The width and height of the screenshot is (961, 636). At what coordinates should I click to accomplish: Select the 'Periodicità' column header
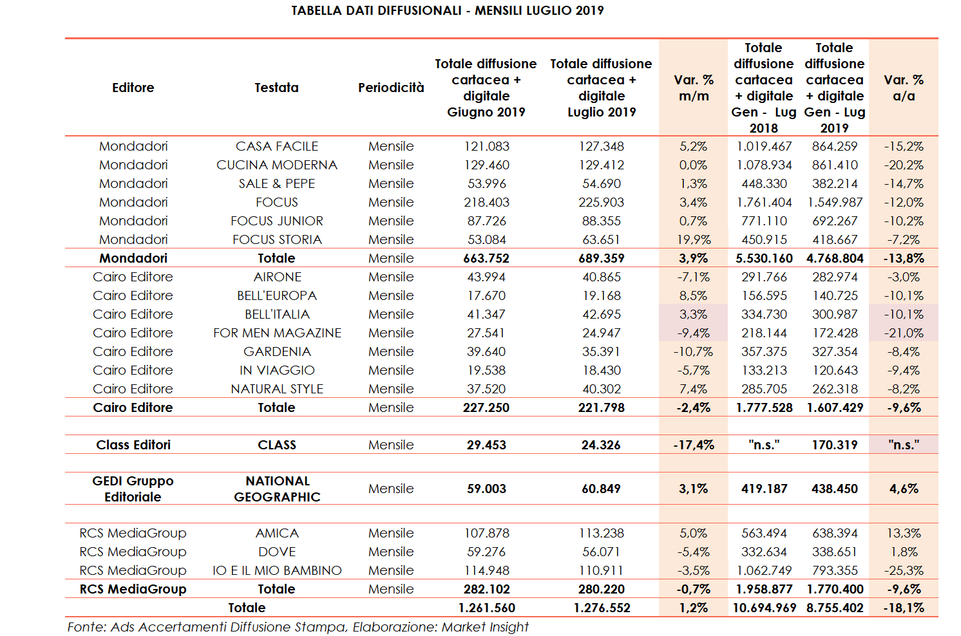[391, 88]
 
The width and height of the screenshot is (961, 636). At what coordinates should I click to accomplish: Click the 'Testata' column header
[276, 88]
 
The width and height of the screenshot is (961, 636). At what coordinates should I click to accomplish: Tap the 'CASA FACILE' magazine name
[277, 146]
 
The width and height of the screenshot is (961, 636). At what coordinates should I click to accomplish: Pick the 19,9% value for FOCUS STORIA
[694, 239]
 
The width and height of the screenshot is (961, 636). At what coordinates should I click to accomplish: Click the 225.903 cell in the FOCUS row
[601, 202]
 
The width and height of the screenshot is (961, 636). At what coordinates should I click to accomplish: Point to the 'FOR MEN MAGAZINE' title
[277, 333]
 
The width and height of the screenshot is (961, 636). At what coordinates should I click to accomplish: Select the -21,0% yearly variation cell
[904, 333]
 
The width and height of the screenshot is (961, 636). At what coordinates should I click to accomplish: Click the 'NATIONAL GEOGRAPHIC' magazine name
[277, 489]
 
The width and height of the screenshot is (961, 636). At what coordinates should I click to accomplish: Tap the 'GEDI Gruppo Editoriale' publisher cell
[133, 489]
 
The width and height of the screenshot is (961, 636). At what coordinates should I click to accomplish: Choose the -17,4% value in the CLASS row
[694, 445]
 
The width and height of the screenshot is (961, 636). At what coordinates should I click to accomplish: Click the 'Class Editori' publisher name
[133, 445]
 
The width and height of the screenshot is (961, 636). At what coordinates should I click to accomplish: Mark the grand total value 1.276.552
[602, 608]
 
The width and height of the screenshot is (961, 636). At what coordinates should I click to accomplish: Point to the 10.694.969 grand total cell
[764, 608]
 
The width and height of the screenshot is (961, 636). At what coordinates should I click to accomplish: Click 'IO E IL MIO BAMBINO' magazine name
[277, 570]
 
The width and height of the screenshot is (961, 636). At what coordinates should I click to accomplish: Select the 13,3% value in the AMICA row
[904, 533]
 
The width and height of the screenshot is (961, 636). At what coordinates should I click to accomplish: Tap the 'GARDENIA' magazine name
[277, 351]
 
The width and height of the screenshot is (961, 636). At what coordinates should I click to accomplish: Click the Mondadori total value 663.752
[486, 258]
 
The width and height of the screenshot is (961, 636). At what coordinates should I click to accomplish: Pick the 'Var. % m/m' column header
[694, 88]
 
